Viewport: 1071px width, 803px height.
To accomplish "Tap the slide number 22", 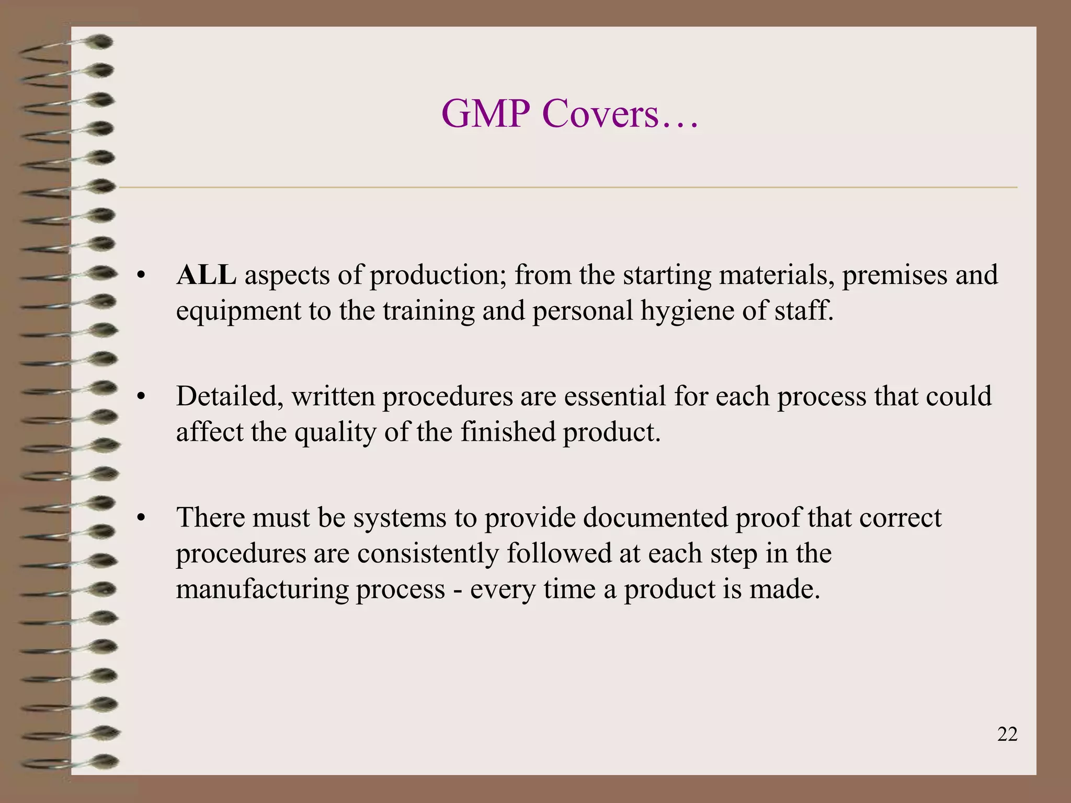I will (x=1007, y=735).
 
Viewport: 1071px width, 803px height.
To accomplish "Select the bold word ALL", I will (x=206, y=275).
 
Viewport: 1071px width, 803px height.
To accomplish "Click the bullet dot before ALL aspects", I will (x=140, y=276).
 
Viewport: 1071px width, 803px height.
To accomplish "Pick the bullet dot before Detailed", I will (x=140, y=397).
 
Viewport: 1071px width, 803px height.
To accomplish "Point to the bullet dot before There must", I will (x=140, y=519).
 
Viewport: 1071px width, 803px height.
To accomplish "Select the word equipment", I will (x=238, y=312).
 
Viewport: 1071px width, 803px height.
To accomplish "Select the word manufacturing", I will (x=263, y=590).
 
